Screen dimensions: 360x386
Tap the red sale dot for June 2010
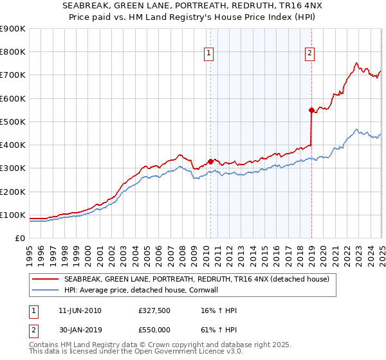[210, 162]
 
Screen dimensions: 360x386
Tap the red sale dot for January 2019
[311, 110]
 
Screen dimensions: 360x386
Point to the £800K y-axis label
[13, 52]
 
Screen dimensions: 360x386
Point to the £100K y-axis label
[13, 215]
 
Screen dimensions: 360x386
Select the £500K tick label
[13, 122]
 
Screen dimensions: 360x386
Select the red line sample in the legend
[45, 279]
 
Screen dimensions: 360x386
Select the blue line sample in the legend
[45, 290]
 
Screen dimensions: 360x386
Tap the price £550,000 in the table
[154, 329]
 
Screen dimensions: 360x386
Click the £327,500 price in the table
[154, 310]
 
